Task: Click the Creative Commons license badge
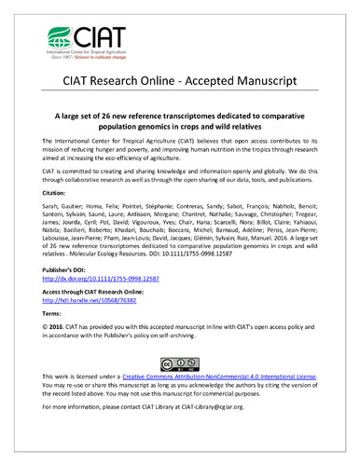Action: (x=180, y=412)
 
